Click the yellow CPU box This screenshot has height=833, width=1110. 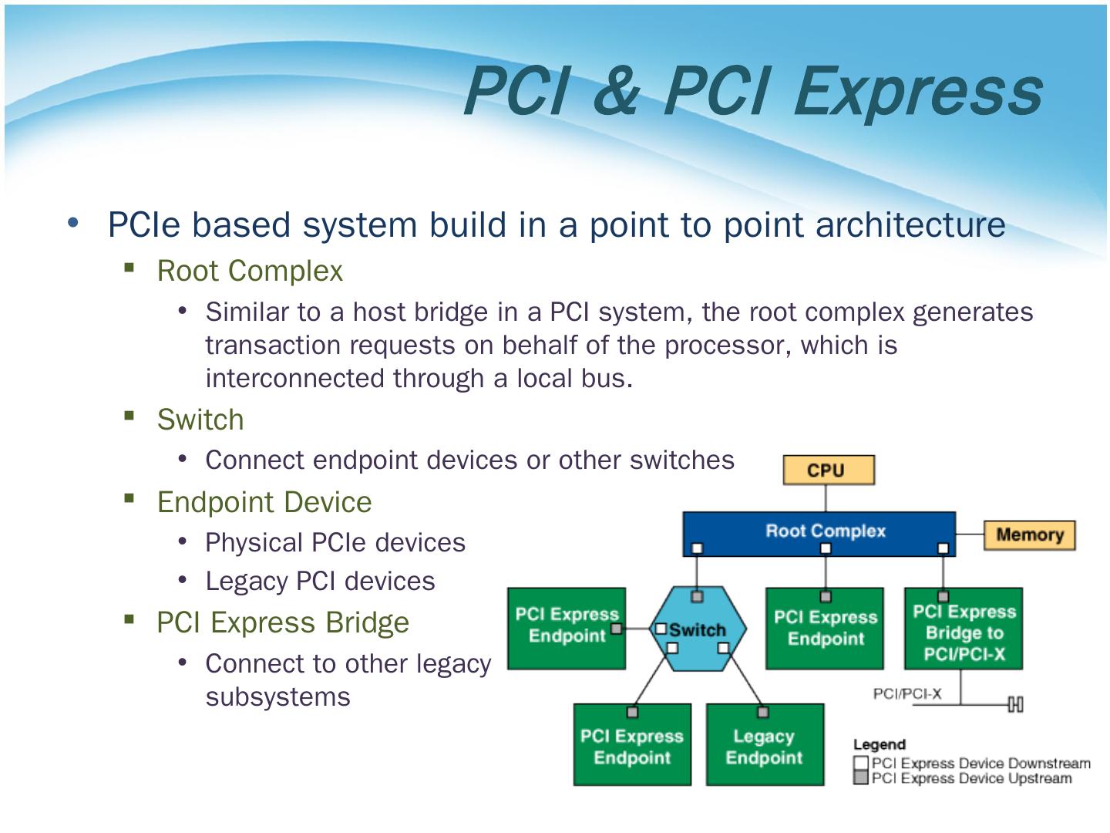click(x=829, y=470)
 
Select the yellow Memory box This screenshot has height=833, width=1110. click(x=1029, y=535)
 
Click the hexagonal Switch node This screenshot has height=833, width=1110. click(x=698, y=629)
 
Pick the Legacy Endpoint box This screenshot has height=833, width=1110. click(x=764, y=746)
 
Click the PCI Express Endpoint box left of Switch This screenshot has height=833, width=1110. click(x=567, y=626)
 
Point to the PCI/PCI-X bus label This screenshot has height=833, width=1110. click(x=906, y=693)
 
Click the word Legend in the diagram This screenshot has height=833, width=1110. click(x=879, y=744)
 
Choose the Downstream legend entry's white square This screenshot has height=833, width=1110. click(x=861, y=764)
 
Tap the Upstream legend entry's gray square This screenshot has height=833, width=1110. click(x=861, y=778)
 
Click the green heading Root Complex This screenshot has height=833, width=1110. click(x=250, y=271)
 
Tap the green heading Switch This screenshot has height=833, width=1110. click(x=200, y=420)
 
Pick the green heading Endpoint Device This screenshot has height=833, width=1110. click(x=264, y=502)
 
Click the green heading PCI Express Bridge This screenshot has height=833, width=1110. click(x=283, y=622)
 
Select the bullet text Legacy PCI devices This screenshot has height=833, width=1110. click(x=320, y=581)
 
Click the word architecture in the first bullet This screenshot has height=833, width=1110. click(x=910, y=224)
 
